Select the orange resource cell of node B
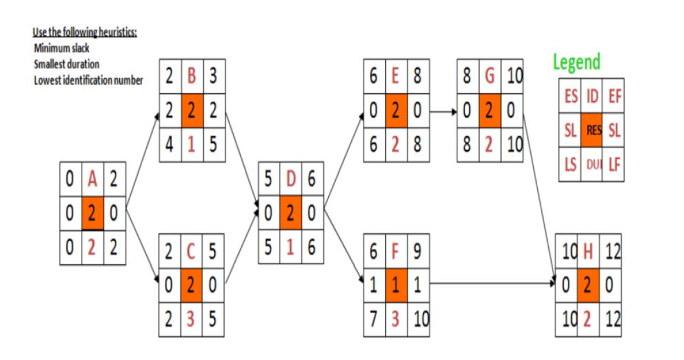pyautogui.click(x=192, y=110)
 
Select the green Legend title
pyautogui.click(x=577, y=62)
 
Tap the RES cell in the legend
pyautogui.click(x=591, y=130)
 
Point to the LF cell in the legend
pyautogui.click(x=613, y=165)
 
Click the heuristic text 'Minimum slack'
pyautogui.click(x=62, y=48)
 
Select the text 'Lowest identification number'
pyautogui.click(x=88, y=80)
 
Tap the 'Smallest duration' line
pyautogui.click(x=66, y=64)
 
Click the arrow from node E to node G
pyautogui.click(x=443, y=110)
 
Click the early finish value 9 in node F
pyautogui.click(x=418, y=252)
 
